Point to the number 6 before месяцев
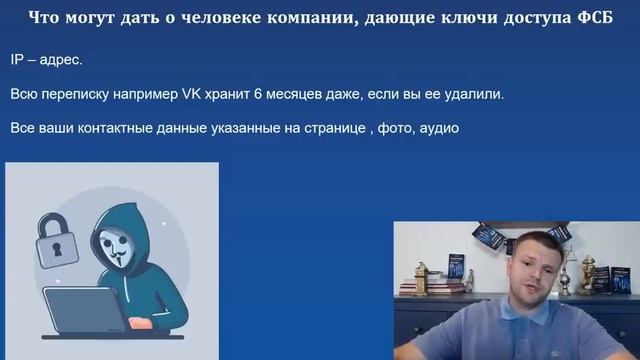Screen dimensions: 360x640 (260, 94)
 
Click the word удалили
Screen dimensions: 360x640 (471, 94)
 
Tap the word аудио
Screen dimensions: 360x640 (439, 129)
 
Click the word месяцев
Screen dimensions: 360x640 (297, 94)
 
